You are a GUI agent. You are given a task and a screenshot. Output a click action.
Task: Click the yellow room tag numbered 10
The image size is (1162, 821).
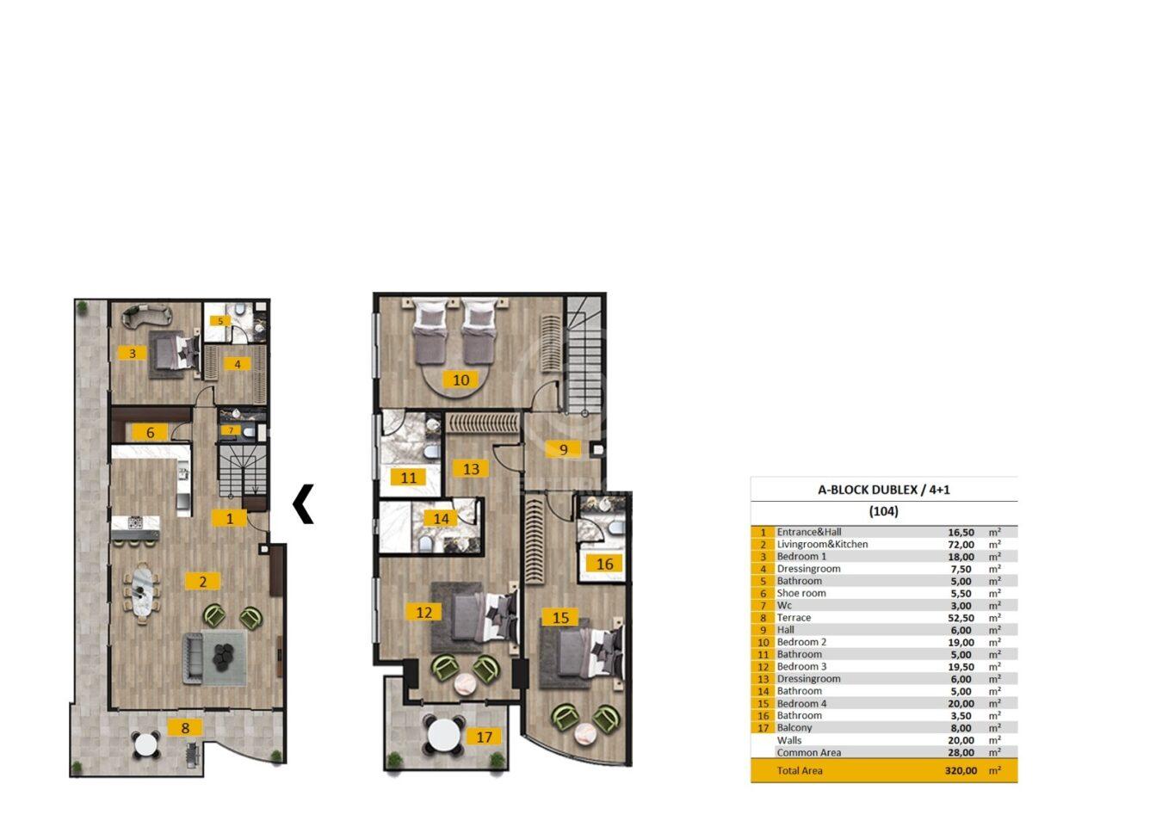point(460,380)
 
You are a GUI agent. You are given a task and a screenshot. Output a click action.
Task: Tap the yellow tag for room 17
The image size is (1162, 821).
point(484,737)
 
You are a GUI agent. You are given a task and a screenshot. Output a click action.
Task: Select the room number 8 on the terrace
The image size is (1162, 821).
point(185,728)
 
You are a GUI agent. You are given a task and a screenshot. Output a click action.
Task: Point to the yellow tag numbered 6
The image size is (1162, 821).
point(150,433)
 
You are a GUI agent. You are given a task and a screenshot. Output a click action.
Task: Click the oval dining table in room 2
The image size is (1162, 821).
point(142,592)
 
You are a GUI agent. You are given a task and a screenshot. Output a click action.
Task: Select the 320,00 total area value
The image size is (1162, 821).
point(961,771)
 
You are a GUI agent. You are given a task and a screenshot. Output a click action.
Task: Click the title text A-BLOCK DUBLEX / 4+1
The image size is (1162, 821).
point(883,490)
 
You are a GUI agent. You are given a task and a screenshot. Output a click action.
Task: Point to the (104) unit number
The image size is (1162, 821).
point(883,511)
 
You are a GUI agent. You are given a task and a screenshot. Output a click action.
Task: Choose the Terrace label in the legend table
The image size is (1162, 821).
point(794,618)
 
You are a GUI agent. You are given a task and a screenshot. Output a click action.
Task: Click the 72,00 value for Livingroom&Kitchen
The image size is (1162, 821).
point(961,545)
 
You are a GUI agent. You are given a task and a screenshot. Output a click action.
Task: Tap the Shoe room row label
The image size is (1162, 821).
point(801,593)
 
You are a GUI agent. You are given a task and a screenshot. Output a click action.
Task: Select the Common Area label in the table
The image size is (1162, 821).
point(809,752)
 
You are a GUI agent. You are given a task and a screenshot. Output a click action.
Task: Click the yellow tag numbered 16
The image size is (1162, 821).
point(604,564)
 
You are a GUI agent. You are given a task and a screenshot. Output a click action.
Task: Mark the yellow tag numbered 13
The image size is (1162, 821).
point(471,469)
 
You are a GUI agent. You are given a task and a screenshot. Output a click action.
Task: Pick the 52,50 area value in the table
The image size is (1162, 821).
point(961,618)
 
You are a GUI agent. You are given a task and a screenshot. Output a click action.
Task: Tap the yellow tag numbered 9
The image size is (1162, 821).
point(563,450)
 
